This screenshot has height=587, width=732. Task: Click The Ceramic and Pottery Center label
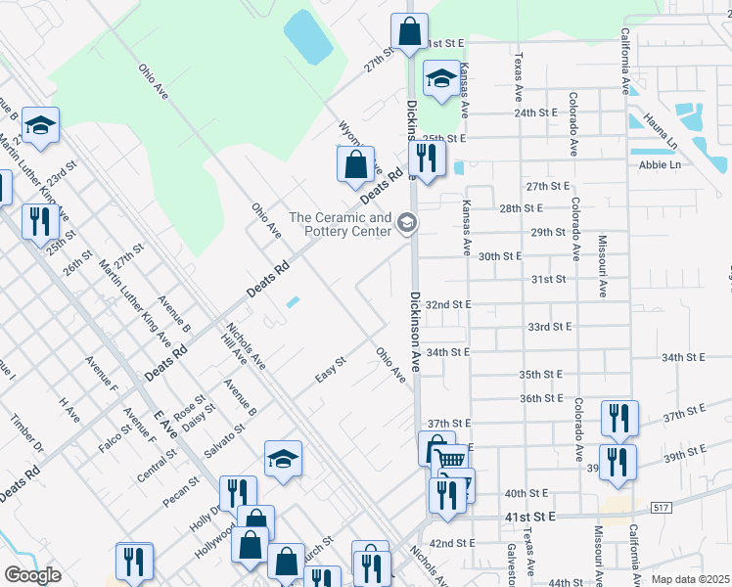[x=340, y=224]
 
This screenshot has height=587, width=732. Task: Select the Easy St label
[x=331, y=370]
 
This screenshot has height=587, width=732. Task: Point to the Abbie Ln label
[x=659, y=164]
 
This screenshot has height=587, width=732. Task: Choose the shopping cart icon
[x=450, y=460]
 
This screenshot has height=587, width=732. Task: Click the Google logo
[x=32, y=575]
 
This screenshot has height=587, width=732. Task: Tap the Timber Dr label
[x=28, y=433]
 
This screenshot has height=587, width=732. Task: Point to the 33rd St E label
[x=549, y=327]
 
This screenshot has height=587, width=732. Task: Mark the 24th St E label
[x=535, y=113]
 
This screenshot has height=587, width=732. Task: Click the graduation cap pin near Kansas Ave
[x=440, y=79]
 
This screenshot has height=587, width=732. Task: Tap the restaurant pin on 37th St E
[x=618, y=417]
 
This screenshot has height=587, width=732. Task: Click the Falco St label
[x=114, y=439]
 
